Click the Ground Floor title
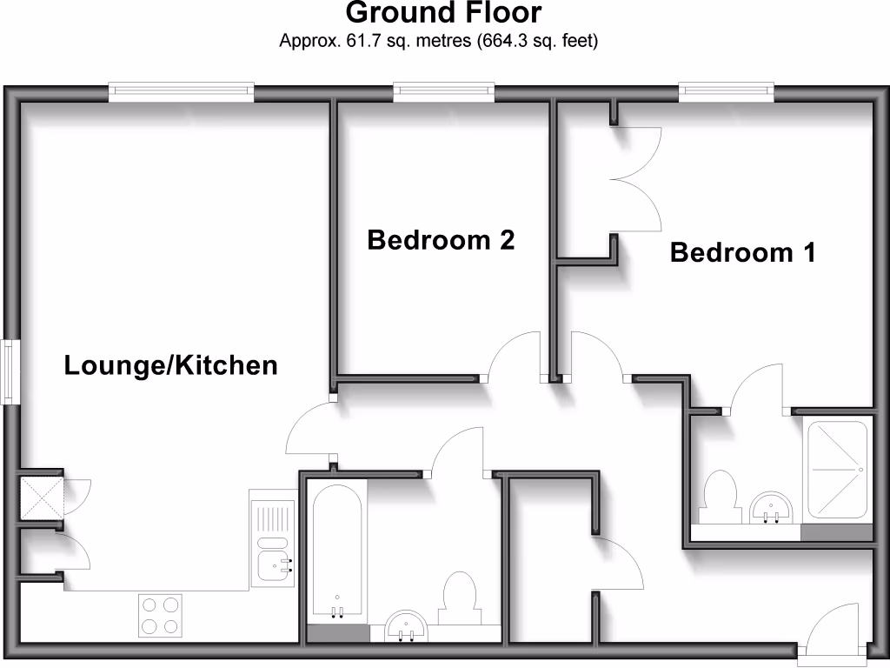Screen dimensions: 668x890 (443, 13)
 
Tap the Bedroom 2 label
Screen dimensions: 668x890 (441, 240)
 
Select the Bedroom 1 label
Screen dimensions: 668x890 (742, 253)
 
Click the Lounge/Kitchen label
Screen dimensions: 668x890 (171, 366)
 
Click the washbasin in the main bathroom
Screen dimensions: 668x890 (405, 625)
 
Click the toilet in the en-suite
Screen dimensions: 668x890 (720, 497)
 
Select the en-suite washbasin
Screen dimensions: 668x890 (770, 507)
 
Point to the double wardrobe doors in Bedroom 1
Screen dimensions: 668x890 (637, 179)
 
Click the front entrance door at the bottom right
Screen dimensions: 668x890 (832, 631)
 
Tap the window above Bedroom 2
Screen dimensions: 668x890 (443, 90)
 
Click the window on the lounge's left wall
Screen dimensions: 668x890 (10, 371)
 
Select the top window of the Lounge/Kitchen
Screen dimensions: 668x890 (181, 90)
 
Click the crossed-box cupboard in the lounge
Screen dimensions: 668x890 (41, 497)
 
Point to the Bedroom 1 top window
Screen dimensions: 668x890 (726, 90)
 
